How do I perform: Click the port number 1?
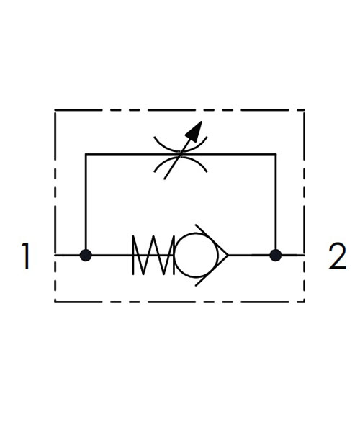point(26,256)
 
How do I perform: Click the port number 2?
point(337,256)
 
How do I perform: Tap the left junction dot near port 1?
point(86,255)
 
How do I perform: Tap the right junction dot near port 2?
point(276,255)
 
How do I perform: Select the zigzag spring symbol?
point(153,255)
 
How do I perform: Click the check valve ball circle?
point(196,255)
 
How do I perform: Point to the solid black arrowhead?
point(194,132)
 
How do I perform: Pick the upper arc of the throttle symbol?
point(181,145)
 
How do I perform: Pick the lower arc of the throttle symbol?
point(181,163)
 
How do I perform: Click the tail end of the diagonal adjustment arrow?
point(164,179)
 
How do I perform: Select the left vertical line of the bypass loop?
point(86,204)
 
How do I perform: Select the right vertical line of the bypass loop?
point(276,204)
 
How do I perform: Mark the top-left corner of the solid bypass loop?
point(86,154)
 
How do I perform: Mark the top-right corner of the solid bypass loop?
point(276,154)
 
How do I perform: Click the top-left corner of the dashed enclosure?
point(55,110)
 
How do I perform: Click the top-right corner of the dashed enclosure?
point(305,110)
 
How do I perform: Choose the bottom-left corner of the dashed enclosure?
point(55,302)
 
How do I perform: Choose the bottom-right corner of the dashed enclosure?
point(305,302)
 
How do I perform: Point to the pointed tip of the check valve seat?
point(228,255)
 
